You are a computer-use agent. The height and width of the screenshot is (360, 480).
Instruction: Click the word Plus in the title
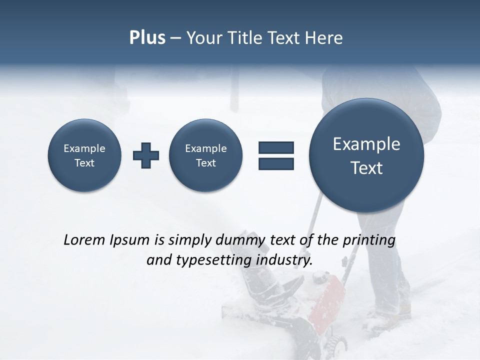click(x=147, y=38)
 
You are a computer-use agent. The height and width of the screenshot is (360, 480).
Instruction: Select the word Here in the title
click(x=324, y=38)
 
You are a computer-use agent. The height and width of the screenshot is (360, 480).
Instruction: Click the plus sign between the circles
click(x=146, y=155)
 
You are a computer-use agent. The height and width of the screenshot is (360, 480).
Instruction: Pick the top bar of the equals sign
click(x=276, y=147)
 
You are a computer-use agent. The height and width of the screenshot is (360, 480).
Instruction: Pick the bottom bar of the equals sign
click(x=276, y=163)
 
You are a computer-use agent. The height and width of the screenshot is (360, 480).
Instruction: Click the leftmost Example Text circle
click(x=84, y=155)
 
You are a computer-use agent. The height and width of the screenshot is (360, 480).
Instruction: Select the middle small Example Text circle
click(x=206, y=155)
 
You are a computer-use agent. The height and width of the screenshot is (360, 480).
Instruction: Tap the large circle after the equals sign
click(x=366, y=155)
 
